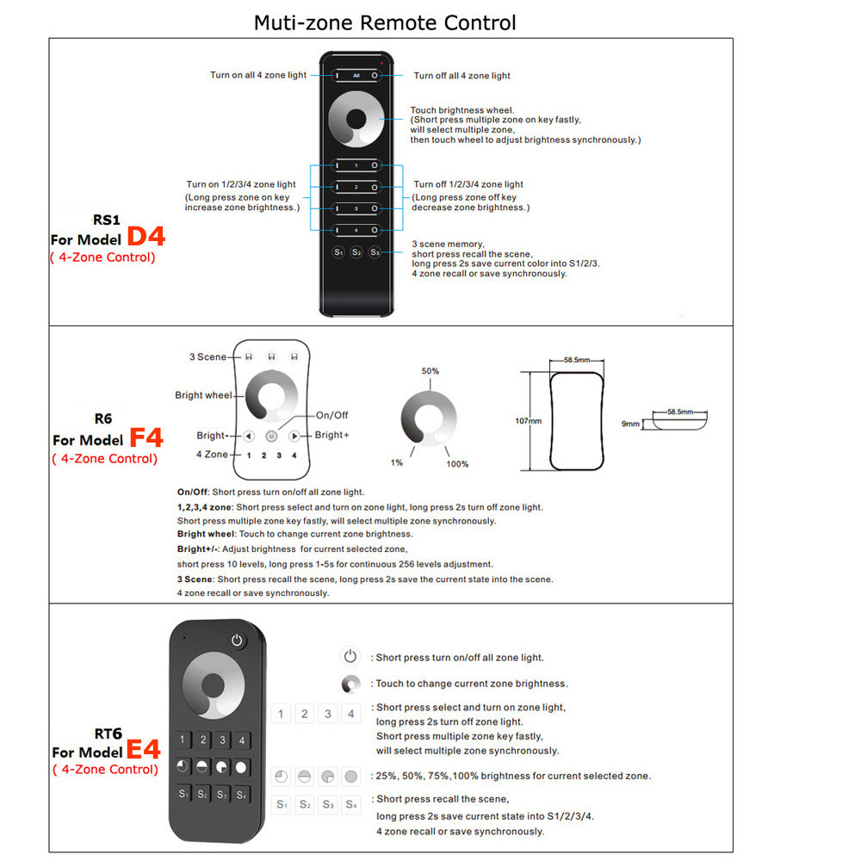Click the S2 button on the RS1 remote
[356, 252]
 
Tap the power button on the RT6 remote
[238, 640]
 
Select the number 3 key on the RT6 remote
[223, 740]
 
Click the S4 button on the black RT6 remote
[243, 794]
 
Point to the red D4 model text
[146, 238]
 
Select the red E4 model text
[144, 750]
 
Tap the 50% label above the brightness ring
[430, 371]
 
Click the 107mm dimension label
[528, 421]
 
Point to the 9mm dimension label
[631, 424]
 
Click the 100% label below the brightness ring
[458, 464]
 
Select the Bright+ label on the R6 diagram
[332, 436]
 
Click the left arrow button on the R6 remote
[248, 436]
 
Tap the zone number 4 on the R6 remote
[294, 455]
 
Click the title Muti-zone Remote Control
[385, 22]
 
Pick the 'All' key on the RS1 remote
[356, 76]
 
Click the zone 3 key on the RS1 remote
[356, 208]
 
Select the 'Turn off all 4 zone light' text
[461, 76]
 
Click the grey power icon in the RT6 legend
[350, 657]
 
